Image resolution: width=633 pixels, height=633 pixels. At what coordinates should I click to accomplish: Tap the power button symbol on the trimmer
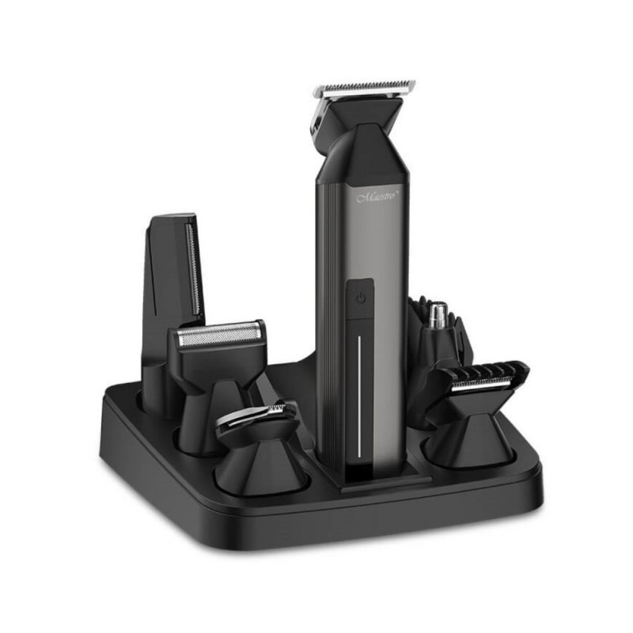tap(362, 299)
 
